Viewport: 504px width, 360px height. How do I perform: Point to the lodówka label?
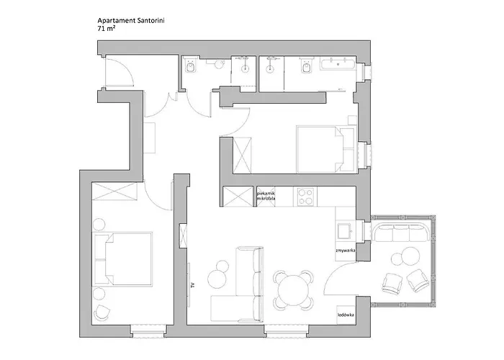(x=346, y=315)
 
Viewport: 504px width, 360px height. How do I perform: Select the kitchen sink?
(x=346, y=230)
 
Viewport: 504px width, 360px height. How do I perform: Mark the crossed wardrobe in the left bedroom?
(x=116, y=192)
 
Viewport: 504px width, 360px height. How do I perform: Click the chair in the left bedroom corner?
(x=103, y=312)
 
